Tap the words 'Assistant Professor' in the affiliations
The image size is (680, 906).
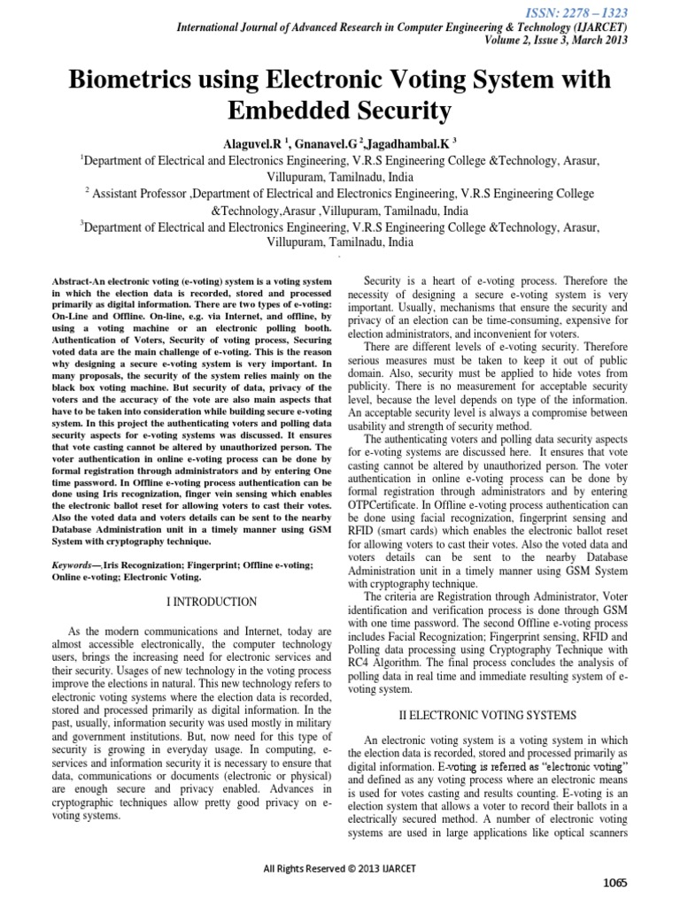(x=141, y=191)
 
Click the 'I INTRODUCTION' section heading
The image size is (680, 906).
(x=212, y=603)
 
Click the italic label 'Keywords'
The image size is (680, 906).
(x=74, y=564)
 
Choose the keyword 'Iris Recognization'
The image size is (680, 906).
(x=141, y=564)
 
